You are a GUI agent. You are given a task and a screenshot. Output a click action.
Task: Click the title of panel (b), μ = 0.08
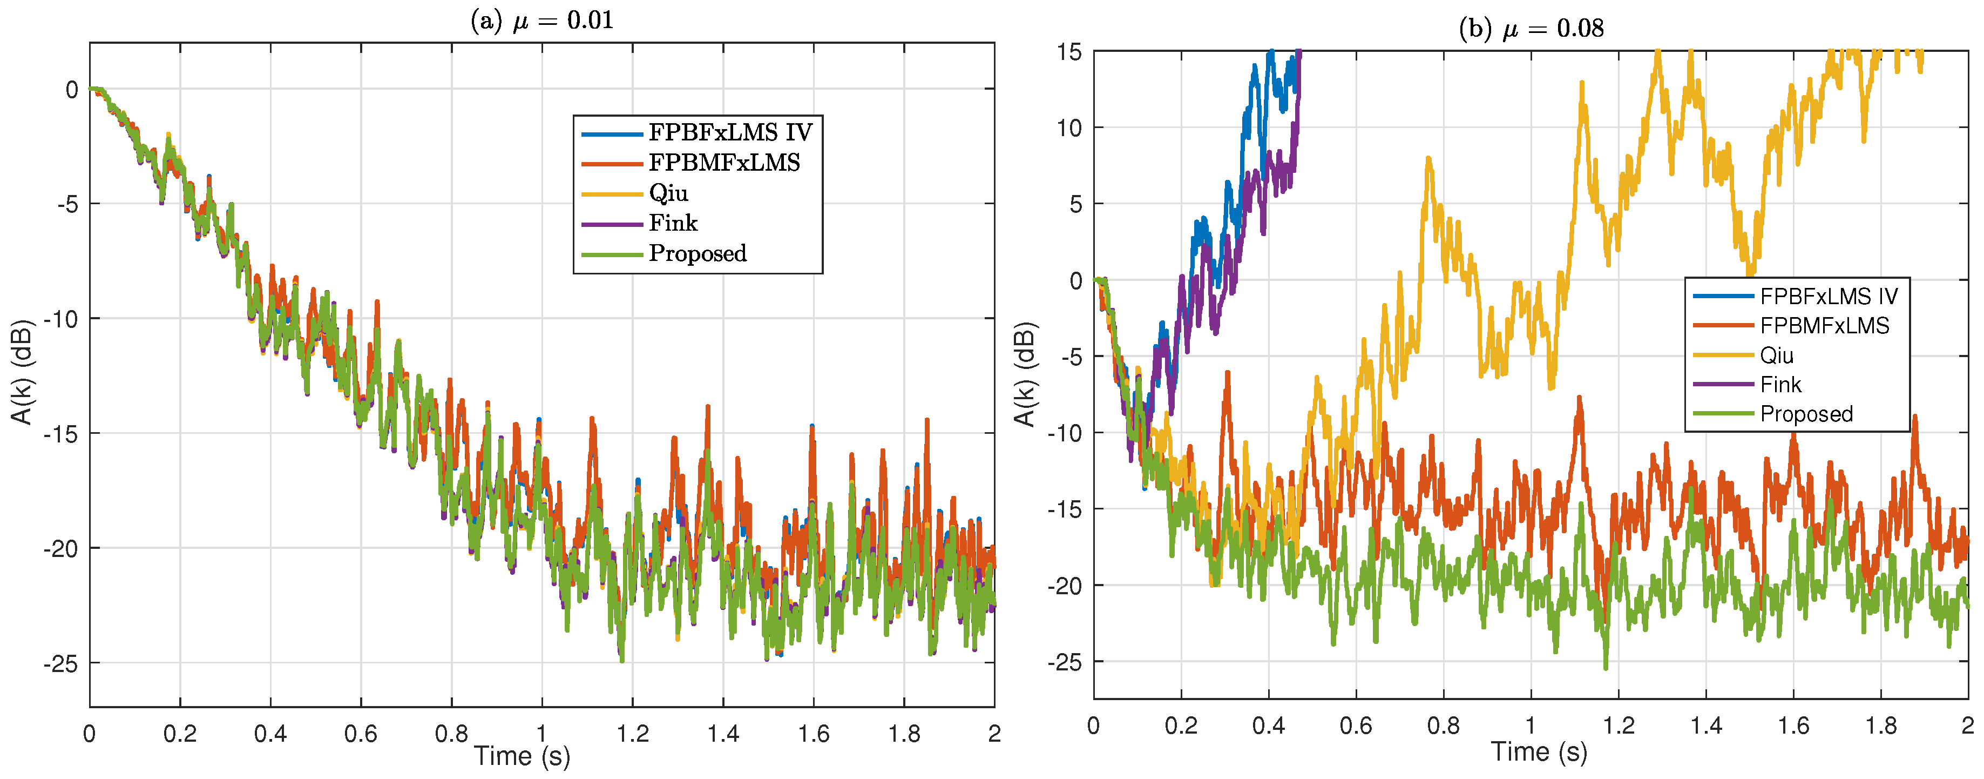pos(1531,29)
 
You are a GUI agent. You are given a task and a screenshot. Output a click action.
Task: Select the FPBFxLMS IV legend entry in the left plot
pos(729,132)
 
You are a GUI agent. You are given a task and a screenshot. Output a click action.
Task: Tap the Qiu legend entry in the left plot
pos(668,193)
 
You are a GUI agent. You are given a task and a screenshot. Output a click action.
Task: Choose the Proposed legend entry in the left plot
pos(697,253)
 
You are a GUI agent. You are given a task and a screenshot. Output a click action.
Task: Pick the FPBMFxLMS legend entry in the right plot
pos(1824,325)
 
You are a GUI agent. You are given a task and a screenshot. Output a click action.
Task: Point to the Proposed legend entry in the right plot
pos(1806,414)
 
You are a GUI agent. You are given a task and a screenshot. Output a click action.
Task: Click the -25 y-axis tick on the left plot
pos(61,663)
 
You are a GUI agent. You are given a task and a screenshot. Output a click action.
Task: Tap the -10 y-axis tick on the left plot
pos(61,319)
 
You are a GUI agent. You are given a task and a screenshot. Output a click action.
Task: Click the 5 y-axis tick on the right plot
pos(1075,204)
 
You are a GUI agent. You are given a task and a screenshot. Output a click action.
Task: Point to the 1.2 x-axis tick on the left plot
pos(632,734)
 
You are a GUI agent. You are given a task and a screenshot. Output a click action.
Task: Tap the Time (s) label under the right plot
pos(1539,751)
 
